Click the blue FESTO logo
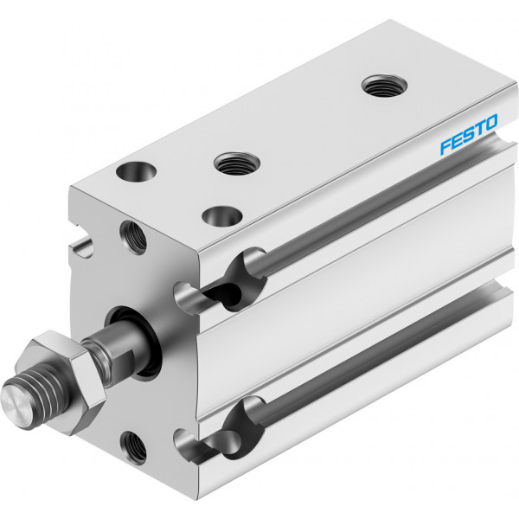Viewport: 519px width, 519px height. click(x=468, y=134)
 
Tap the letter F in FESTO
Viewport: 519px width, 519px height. click(x=445, y=147)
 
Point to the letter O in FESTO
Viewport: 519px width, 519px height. click(x=491, y=122)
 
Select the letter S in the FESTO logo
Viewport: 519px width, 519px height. click(x=469, y=134)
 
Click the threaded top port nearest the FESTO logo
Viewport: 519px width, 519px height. click(x=384, y=86)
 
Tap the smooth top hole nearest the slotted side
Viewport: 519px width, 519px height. click(x=221, y=216)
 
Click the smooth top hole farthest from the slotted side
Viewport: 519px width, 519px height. click(x=137, y=171)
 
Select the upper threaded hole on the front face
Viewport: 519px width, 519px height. click(x=132, y=237)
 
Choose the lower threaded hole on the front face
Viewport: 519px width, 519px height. click(x=133, y=448)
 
